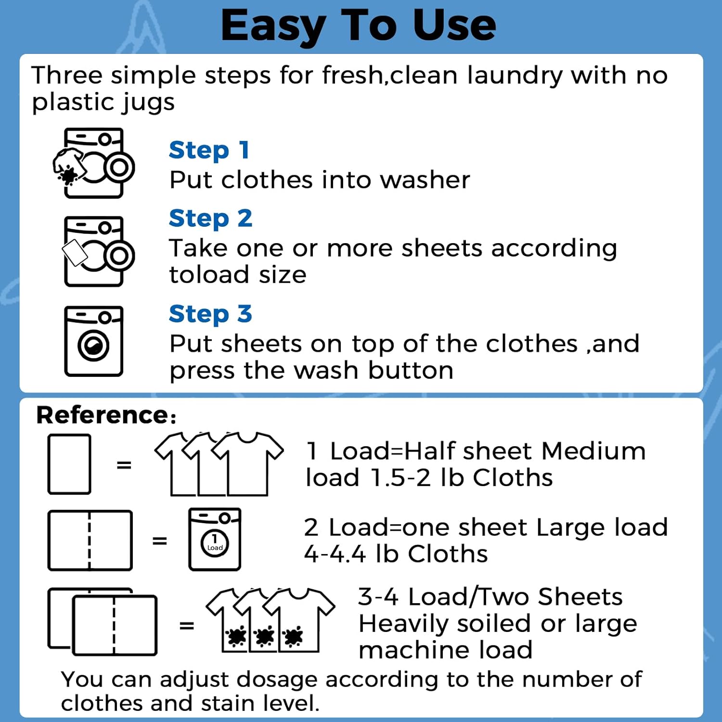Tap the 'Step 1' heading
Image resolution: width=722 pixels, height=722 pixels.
(x=209, y=150)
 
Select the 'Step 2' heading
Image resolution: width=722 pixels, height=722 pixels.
(x=210, y=219)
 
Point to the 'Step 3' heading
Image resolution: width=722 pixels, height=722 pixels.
(x=210, y=314)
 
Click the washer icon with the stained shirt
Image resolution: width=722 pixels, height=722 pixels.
(x=94, y=164)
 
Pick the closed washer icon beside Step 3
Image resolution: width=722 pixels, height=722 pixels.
(x=93, y=341)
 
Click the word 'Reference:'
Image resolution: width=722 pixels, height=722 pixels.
(x=106, y=415)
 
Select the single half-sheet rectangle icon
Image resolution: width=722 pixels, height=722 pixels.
(x=69, y=464)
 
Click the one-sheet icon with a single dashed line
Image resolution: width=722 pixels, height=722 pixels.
(x=90, y=540)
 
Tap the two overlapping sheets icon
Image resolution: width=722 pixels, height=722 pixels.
(x=103, y=621)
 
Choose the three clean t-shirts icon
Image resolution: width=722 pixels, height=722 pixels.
(x=219, y=464)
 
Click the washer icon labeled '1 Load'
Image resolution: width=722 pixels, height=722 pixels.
(x=215, y=540)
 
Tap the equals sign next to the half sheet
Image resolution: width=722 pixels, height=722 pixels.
(x=124, y=465)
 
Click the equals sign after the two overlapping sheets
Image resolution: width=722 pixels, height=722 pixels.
(x=187, y=626)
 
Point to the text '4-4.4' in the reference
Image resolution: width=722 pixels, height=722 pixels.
(x=335, y=554)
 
